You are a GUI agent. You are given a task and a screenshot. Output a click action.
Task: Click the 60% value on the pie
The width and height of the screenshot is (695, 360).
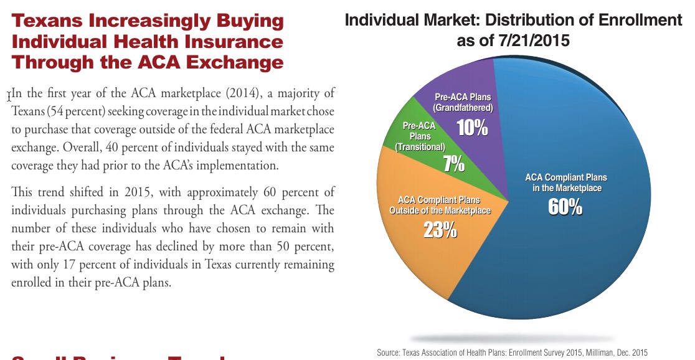(x=565, y=207)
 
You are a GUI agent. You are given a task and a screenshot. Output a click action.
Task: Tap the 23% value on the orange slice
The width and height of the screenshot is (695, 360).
(x=440, y=230)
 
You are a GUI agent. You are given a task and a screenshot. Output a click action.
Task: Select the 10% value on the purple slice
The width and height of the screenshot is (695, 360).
(x=472, y=128)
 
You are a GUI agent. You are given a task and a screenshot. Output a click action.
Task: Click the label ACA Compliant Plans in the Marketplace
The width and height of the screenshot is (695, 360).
(x=566, y=182)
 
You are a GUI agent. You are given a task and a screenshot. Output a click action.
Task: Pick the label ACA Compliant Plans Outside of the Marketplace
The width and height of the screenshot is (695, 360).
(x=440, y=205)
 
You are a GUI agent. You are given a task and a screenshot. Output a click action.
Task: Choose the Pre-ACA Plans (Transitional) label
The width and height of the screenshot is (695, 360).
(x=420, y=136)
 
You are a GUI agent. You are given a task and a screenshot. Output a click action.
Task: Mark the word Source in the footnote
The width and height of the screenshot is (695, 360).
(x=389, y=353)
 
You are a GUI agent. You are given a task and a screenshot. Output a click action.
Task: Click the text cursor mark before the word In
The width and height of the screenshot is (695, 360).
(x=9, y=97)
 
